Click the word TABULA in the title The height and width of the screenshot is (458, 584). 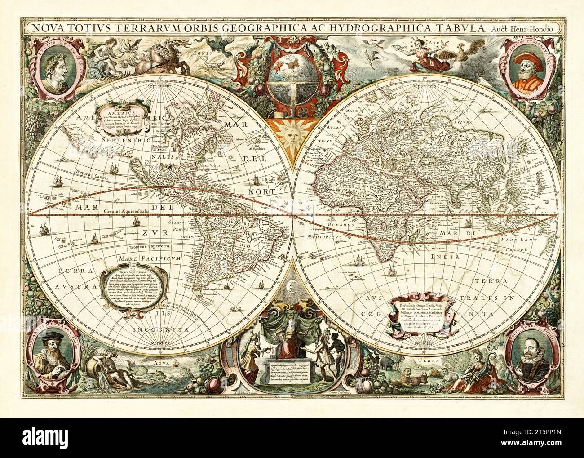460,27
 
